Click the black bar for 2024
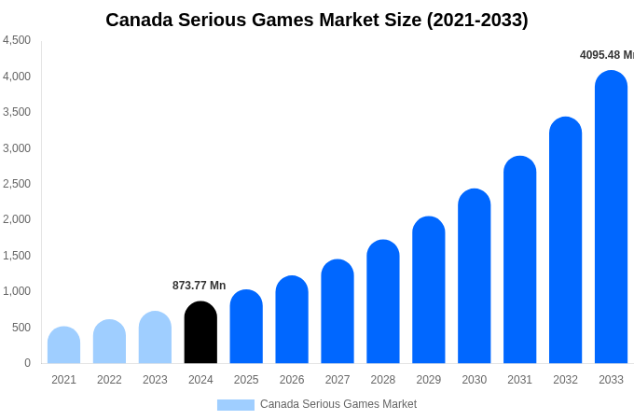200,333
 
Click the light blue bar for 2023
155,338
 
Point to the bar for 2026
292,320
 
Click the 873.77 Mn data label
199,286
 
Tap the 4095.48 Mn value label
606,55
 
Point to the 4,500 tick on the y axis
17,40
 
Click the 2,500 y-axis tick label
17,184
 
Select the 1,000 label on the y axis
17,291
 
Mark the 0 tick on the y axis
27,363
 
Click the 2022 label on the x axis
109,380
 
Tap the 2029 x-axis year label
429,380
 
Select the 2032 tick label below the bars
565,380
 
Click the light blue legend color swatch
235,405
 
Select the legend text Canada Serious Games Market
338,404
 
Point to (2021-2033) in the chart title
476,20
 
